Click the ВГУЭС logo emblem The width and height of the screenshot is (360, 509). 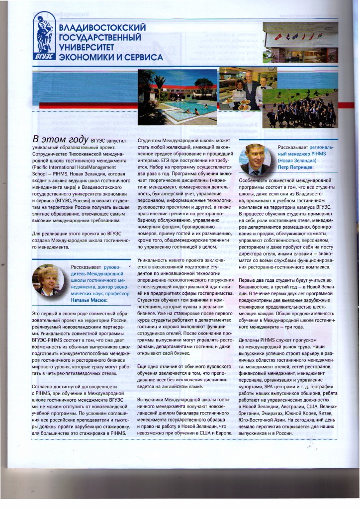[45, 38]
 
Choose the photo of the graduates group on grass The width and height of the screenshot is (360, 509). [300, 107]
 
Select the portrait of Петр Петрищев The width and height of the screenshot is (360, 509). [258, 159]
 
